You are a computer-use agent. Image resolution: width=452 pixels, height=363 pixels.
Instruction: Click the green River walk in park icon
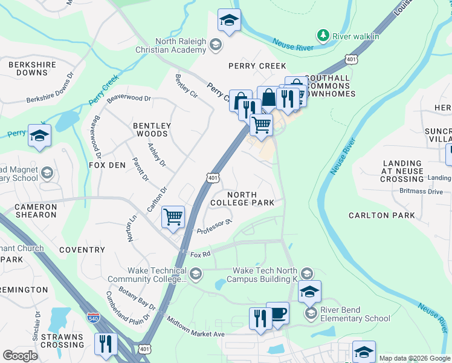pos(324,36)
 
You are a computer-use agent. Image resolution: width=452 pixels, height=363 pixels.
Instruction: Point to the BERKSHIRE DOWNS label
pos(28,68)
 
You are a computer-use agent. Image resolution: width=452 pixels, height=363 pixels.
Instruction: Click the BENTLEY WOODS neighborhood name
pos(152,129)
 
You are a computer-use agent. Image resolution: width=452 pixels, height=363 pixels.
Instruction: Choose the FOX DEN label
pos(107,165)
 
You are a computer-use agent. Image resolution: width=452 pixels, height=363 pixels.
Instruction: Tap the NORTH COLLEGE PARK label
pos(242,198)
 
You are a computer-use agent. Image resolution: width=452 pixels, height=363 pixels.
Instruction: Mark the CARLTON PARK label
pos(382,215)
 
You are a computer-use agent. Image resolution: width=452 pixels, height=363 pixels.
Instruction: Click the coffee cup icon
pos(277,313)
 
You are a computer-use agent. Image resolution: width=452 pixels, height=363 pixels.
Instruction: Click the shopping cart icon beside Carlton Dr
pos(173,216)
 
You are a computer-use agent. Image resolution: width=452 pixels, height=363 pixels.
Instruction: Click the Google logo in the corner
pos(20,356)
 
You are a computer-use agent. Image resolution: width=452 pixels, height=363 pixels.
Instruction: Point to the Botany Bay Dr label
pos(138,301)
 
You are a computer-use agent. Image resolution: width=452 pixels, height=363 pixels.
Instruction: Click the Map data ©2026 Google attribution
pos(414,358)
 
